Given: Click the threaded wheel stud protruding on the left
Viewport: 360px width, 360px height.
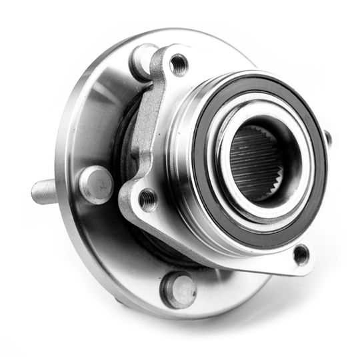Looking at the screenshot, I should coord(50,191).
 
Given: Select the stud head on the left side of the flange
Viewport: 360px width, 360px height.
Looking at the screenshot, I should coord(96,183).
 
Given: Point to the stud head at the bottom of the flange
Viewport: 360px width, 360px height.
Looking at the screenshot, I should coord(179,289).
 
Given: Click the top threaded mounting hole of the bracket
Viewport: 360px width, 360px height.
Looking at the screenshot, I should coord(178,65).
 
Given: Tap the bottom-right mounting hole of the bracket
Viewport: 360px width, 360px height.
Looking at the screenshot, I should coord(301,254).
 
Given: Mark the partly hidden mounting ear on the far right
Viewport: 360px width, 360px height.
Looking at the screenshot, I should coord(327,139).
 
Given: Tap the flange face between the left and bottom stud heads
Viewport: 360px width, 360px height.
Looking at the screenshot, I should coord(127,247).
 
